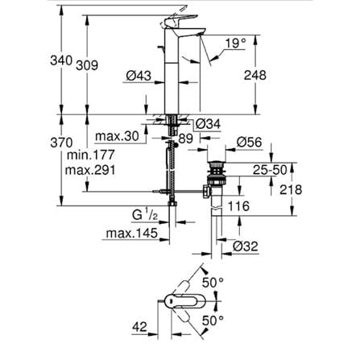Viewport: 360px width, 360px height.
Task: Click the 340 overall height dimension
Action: [61, 60]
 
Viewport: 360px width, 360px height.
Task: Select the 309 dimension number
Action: [87, 65]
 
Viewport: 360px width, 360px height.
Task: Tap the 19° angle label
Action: [235, 43]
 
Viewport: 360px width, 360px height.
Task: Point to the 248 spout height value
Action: [255, 75]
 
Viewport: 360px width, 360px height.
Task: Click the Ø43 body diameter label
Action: [139, 76]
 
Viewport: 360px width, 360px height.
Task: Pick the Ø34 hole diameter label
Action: [208, 124]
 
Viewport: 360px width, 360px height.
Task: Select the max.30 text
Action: [118, 136]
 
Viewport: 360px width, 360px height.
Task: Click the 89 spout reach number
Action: [186, 139]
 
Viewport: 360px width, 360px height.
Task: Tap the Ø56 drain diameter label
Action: [249, 143]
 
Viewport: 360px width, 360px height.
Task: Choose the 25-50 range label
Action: [270, 170]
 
